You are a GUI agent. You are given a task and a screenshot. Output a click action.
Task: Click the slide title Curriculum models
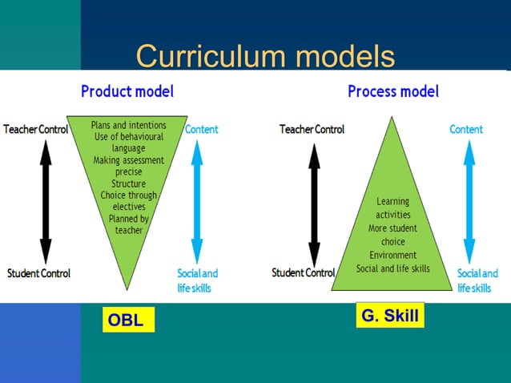265,56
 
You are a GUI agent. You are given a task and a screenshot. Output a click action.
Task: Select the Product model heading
127,91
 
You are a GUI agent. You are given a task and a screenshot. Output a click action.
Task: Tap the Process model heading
393,91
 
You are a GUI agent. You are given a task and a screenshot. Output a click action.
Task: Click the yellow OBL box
127,321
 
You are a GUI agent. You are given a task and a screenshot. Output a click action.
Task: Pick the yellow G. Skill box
390,316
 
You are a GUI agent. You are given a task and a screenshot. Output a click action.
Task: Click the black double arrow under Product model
46,200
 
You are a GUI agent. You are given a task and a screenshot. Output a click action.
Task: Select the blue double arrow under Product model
194,200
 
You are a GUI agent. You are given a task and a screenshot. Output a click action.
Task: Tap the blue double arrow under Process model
469,200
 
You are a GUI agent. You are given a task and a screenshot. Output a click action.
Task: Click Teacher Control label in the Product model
36,129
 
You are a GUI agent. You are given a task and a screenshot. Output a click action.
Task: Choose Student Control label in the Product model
38,273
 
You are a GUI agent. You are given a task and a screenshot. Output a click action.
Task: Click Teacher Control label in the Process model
312,129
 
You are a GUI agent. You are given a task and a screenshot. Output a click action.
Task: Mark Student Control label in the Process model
303,273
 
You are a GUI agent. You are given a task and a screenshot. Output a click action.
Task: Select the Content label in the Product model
202,129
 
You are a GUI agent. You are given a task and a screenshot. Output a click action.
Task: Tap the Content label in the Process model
466,129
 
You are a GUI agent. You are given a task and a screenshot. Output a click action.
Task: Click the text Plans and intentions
128,126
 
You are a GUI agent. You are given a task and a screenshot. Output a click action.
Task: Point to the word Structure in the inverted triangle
128,183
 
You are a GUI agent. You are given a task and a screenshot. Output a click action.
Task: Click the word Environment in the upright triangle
392,255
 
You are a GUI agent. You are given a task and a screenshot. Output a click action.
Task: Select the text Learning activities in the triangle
392,208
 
